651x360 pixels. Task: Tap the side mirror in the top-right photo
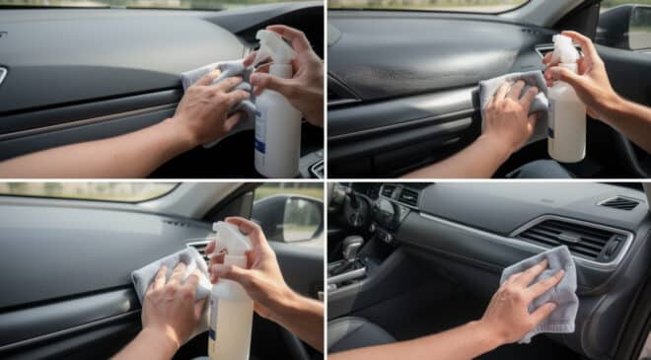click(625, 27)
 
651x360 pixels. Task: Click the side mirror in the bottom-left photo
click(298, 218)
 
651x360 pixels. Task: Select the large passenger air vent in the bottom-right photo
click(572, 240)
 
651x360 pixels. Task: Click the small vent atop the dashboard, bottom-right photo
click(618, 202)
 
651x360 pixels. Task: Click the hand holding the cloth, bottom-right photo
click(514, 306)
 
